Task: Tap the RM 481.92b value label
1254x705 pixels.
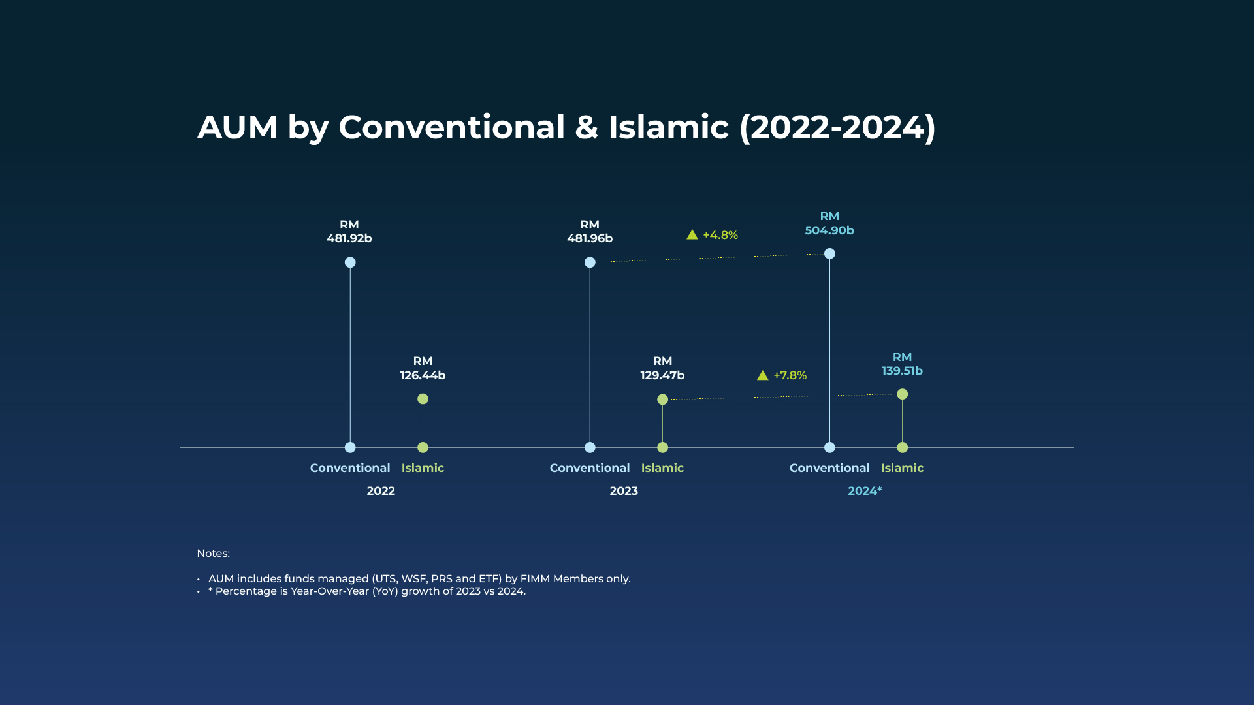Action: click(349, 231)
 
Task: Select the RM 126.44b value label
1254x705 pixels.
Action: click(423, 368)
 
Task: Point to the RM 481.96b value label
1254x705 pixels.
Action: click(590, 231)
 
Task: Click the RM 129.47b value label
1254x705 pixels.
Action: click(662, 368)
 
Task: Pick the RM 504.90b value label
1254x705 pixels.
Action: click(829, 223)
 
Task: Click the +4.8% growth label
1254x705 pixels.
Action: click(720, 235)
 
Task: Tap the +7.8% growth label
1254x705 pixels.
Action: click(790, 375)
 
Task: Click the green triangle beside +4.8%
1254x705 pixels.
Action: click(692, 235)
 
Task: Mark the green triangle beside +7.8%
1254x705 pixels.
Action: click(763, 375)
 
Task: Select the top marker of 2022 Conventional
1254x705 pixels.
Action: click(350, 262)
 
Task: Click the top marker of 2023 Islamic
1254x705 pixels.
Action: click(662, 399)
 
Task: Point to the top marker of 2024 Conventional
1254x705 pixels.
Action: click(829, 253)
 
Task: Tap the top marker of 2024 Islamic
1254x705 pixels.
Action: click(902, 394)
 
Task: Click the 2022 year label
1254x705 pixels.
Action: click(381, 491)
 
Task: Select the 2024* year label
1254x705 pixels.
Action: click(865, 491)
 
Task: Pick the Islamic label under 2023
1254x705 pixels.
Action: click(662, 468)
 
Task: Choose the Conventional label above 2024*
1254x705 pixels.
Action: click(829, 468)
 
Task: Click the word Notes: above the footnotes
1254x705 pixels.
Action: click(214, 554)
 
